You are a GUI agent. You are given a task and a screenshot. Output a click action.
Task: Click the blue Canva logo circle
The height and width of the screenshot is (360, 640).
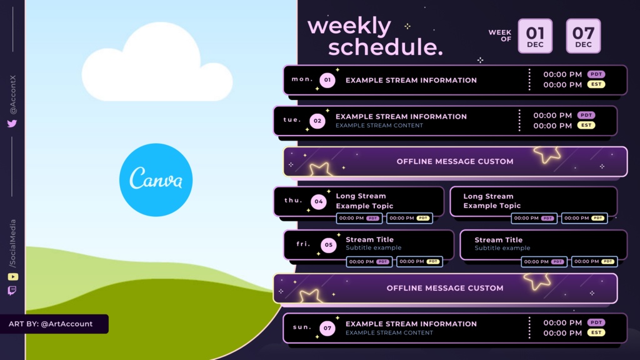[156, 179]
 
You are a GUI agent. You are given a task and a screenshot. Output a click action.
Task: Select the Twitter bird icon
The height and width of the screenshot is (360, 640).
[12, 123]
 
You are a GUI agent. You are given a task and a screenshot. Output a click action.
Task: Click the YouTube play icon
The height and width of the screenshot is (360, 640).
[12, 277]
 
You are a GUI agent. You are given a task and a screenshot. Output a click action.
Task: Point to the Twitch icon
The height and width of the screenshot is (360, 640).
[12, 291]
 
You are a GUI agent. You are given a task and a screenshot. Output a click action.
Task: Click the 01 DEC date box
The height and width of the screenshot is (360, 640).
[535, 36]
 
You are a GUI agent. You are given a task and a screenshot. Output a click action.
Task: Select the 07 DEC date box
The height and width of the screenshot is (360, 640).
[583, 36]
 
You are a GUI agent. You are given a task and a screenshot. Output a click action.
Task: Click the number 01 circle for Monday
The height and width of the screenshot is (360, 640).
[327, 80]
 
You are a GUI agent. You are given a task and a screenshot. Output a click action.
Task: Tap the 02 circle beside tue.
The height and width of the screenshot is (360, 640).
[317, 121]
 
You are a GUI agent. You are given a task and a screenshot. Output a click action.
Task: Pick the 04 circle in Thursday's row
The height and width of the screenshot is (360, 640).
[318, 201]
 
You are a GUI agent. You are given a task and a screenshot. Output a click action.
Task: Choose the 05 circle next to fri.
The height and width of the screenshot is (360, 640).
[329, 245]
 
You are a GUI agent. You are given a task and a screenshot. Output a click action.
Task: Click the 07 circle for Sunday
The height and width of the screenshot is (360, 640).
[327, 327]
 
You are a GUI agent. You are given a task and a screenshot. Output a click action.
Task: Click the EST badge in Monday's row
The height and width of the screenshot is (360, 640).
[596, 84]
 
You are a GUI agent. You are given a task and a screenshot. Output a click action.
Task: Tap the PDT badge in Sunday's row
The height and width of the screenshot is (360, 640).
[596, 322]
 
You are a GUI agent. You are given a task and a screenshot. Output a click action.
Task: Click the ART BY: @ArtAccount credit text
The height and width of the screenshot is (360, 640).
[51, 324]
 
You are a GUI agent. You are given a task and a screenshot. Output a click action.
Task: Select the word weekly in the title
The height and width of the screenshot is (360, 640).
[349, 26]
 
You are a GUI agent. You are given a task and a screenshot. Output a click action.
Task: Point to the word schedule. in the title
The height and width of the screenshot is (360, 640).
[385, 47]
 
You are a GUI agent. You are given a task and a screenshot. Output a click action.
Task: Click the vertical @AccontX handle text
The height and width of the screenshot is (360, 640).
[13, 94]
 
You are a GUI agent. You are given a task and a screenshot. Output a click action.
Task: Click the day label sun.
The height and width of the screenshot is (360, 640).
[302, 327]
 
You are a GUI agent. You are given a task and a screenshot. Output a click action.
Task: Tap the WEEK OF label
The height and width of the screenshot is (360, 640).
[500, 36]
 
